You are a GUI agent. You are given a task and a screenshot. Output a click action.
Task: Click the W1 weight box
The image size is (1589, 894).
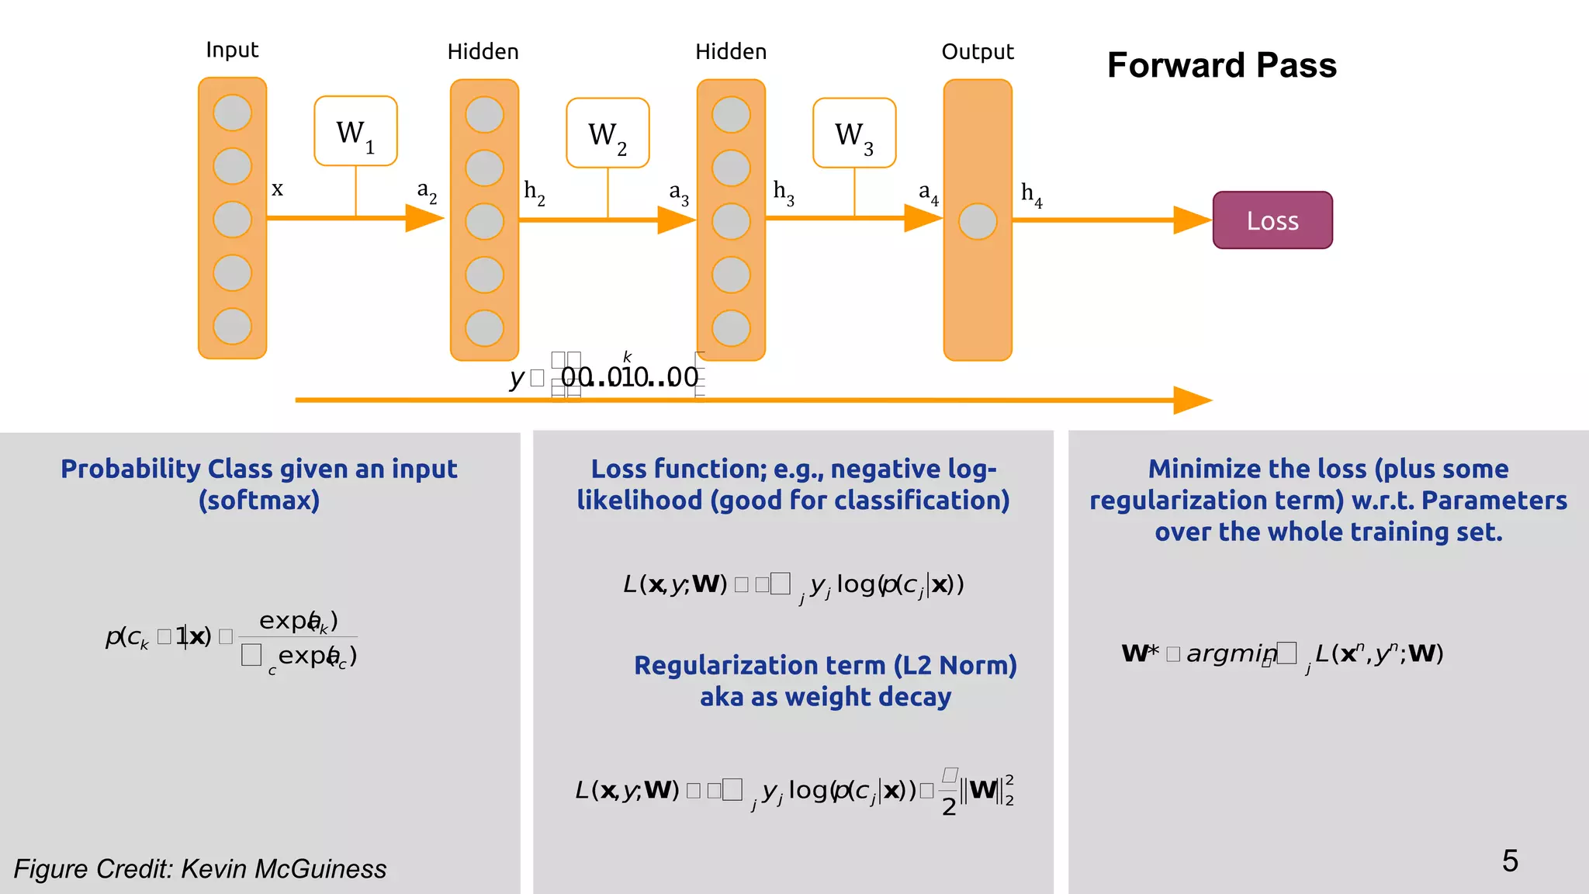(x=355, y=131)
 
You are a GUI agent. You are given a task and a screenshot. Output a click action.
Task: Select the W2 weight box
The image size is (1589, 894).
(x=608, y=133)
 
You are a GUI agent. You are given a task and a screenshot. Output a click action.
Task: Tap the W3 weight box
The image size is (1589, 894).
(x=854, y=133)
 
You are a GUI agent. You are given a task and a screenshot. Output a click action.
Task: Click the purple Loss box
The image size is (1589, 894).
(x=1272, y=220)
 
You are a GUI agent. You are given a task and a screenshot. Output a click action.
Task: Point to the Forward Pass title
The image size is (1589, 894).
(x=1221, y=65)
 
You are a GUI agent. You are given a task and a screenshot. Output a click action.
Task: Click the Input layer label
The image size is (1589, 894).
(x=231, y=50)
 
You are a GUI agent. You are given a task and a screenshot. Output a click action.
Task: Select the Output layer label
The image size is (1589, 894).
(x=977, y=52)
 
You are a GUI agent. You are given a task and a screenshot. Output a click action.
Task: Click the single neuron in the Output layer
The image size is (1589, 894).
(x=978, y=222)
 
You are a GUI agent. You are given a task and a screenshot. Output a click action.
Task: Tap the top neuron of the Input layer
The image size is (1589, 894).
(x=232, y=113)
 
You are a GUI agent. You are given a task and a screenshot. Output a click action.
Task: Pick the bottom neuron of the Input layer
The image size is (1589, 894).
(x=232, y=326)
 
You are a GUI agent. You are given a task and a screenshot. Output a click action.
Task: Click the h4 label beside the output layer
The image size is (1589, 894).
(x=1030, y=194)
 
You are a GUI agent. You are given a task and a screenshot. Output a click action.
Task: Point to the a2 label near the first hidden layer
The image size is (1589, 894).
(x=426, y=191)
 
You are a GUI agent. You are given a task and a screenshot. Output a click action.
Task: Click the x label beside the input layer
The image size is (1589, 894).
(x=277, y=189)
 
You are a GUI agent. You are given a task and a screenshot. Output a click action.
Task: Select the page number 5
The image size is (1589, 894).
(x=1509, y=861)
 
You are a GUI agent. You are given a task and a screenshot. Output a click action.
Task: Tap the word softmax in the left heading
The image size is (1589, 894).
(x=259, y=501)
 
